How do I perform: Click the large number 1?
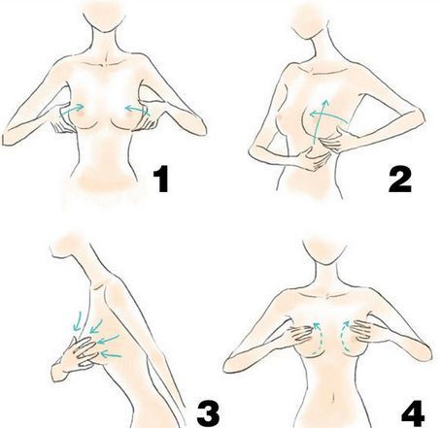(x=161, y=179)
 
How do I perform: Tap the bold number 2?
(x=400, y=181)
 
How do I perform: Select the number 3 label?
(x=209, y=413)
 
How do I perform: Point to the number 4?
(x=413, y=413)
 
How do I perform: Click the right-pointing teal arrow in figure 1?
(x=72, y=110)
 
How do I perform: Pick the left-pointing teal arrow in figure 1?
(x=137, y=110)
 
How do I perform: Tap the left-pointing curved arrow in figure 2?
(x=327, y=115)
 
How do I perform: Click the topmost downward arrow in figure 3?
(x=77, y=321)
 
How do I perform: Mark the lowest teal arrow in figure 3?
(x=111, y=355)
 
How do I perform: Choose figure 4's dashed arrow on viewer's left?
(x=319, y=337)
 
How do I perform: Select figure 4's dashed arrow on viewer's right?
(x=343, y=337)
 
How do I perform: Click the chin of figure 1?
(x=104, y=31)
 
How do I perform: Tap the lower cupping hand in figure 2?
(x=313, y=158)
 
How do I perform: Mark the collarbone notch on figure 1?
(x=104, y=63)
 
